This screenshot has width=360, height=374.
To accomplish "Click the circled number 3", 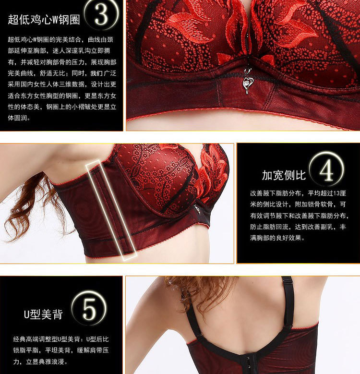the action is [102, 14].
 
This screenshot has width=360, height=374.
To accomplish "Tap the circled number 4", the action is [326, 170].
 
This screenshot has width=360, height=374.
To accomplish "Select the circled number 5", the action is [89, 308].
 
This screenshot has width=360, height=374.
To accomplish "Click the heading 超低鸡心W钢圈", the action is [44, 19].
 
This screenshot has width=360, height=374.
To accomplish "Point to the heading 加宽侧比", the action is [284, 175].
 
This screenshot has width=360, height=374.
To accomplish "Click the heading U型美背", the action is [43, 314].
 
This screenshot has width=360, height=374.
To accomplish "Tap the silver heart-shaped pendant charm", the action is [247, 80].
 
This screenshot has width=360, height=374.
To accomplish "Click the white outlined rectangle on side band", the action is [111, 211].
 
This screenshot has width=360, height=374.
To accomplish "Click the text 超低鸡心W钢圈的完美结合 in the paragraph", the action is [44, 39].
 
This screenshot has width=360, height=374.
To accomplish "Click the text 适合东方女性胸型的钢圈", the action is [43, 96].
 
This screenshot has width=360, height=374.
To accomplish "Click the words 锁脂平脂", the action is [26, 350].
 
